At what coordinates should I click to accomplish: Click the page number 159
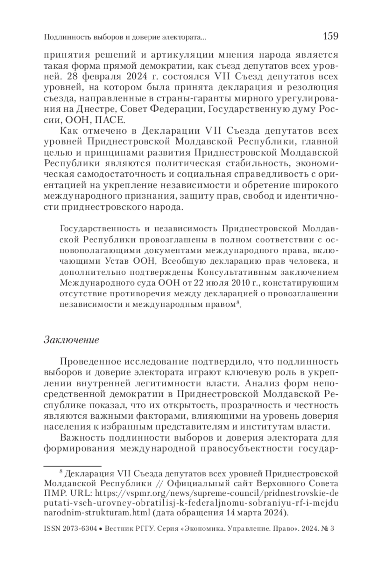(330, 36)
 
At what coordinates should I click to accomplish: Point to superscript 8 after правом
(237, 303)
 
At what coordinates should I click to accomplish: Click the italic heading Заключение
(71, 340)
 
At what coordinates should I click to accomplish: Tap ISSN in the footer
(52, 529)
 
